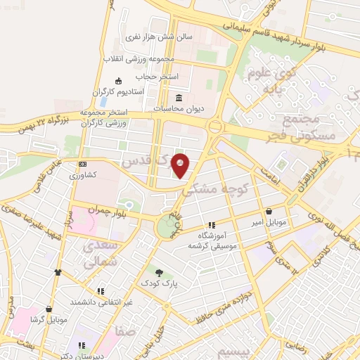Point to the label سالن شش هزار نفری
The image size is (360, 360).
click(x=143, y=34)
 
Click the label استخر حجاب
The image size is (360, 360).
click(x=160, y=75)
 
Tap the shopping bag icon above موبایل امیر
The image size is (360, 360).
click(x=269, y=211)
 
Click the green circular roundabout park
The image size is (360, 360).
click(x=167, y=226)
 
